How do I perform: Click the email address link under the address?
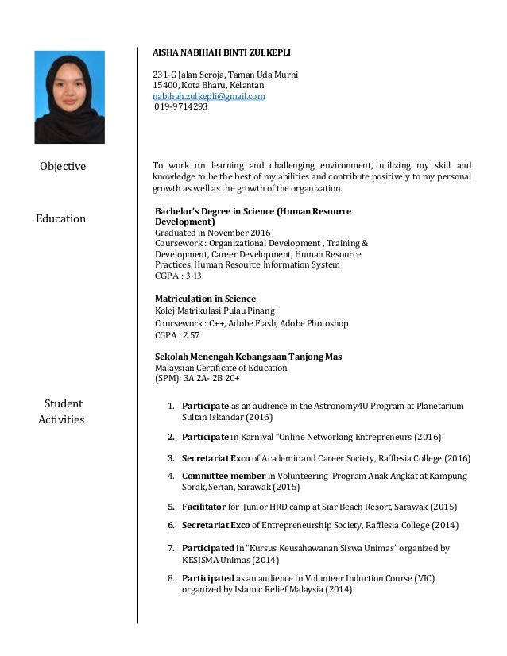(x=209, y=95)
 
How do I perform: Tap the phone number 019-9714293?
(x=181, y=106)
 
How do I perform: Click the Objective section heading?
(x=64, y=166)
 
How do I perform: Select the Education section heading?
(x=61, y=218)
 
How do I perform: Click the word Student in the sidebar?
(x=64, y=404)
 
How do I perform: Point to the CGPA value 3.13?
(x=192, y=276)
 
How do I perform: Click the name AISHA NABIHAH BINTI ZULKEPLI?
(x=222, y=52)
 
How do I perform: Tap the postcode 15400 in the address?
(x=165, y=85)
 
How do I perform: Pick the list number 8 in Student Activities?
(x=171, y=578)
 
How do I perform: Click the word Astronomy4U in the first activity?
(x=327, y=406)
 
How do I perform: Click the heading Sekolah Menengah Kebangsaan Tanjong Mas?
(x=248, y=357)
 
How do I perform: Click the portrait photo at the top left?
(x=69, y=97)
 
